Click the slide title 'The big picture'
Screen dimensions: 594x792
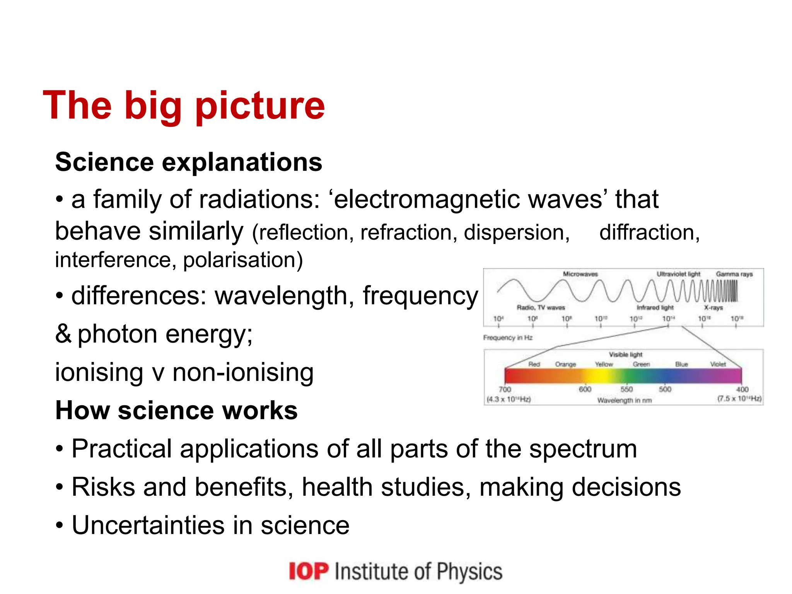pyautogui.click(x=184, y=106)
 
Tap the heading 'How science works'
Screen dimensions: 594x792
pyautogui.click(x=176, y=410)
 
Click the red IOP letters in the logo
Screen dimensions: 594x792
pyautogui.click(x=309, y=571)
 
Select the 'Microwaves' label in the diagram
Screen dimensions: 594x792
pyautogui.click(x=580, y=274)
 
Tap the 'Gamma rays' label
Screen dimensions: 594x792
pyautogui.click(x=734, y=274)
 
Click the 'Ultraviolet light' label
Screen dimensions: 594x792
pyautogui.click(x=678, y=274)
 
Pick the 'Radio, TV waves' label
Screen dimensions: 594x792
pyautogui.click(x=541, y=307)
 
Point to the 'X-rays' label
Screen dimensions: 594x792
pyautogui.click(x=713, y=307)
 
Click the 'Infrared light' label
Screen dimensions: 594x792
pyautogui.click(x=655, y=307)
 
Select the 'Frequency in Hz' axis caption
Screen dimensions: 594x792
pyautogui.click(x=507, y=338)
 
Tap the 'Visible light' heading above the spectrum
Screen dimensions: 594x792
pyautogui.click(x=625, y=354)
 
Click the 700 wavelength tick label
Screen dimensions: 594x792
pyautogui.click(x=505, y=389)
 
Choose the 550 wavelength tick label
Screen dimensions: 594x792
pyautogui.click(x=626, y=389)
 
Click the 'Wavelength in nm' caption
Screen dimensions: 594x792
pyautogui.click(x=624, y=400)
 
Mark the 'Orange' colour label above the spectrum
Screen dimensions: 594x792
pyautogui.click(x=565, y=364)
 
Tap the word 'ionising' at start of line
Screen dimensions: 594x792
pyautogui.click(x=99, y=373)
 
